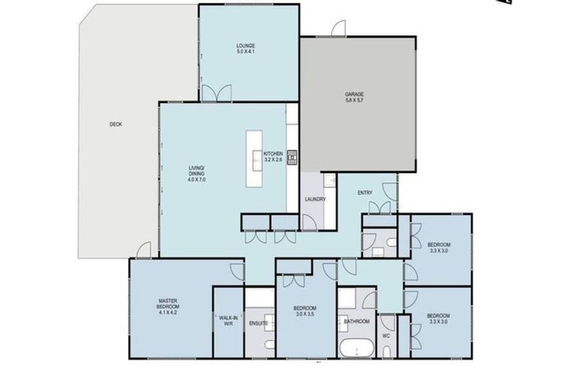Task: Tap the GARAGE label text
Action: click(354, 94)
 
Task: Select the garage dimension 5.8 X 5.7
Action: click(354, 100)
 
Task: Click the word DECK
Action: click(115, 124)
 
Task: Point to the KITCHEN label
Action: click(272, 153)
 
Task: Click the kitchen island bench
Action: click(254, 159)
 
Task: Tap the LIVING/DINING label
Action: click(196, 171)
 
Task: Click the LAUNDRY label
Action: click(315, 199)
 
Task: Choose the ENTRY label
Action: click(365, 193)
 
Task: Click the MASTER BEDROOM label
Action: click(167, 304)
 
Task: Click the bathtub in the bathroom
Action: click(354, 350)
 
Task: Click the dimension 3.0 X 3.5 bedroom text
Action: click(305, 315)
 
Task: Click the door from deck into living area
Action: click(144, 250)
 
